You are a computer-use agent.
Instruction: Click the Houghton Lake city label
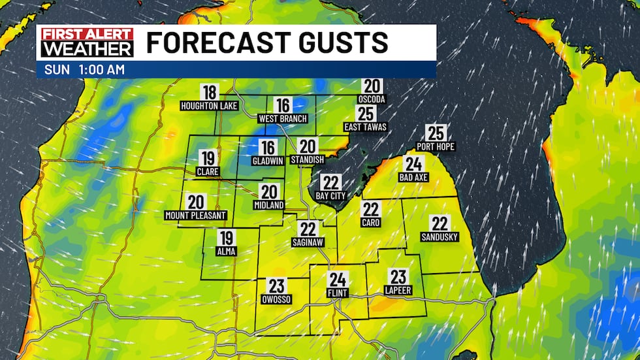[209, 105]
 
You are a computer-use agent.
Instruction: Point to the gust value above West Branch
[283, 105]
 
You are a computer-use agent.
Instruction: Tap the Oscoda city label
[372, 99]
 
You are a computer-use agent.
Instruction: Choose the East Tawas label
[366, 127]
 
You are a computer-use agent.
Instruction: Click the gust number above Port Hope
[435, 133]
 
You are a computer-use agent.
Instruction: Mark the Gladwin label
[268, 161]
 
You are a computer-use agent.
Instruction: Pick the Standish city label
[308, 160]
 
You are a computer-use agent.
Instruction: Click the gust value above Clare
[208, 158]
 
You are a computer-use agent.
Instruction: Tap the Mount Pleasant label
[196, 215]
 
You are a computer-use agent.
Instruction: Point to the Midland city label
[269, 205]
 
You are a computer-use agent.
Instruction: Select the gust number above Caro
[371, 209]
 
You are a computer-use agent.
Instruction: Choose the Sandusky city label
[440, 237]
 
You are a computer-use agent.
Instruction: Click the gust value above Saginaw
[308, 229]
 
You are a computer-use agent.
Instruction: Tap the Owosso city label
[277, 299]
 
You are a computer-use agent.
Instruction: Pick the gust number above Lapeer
[398, 276]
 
